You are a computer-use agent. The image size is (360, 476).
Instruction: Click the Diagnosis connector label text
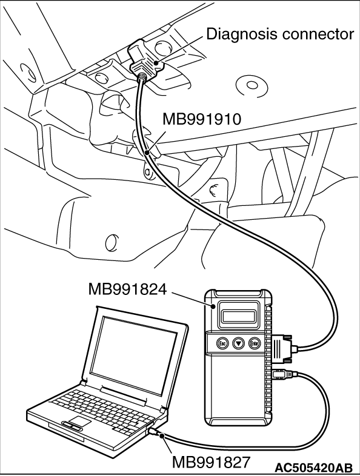pyautogui.click(x=280, y=34)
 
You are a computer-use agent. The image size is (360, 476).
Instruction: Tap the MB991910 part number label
pyautogui.click(x=202, y=119)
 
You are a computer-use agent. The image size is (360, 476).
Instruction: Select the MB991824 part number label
pyautogui.click(x=128, y=289)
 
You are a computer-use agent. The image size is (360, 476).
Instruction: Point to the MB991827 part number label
pyautogui.click(x=212, y=462)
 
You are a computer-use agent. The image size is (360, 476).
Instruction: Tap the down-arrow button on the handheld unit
pyautogui.click(x=238, y=343)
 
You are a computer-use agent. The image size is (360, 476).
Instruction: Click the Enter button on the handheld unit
pyautogui.click(x=255, y=343)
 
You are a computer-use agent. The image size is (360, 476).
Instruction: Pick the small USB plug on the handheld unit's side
pyautogui.click(x=282, y=374)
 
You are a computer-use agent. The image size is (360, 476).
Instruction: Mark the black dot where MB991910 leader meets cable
pyautogui.click(x=148, y=153)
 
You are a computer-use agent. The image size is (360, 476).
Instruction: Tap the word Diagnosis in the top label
pyautogui.click(x=242, y=34)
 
